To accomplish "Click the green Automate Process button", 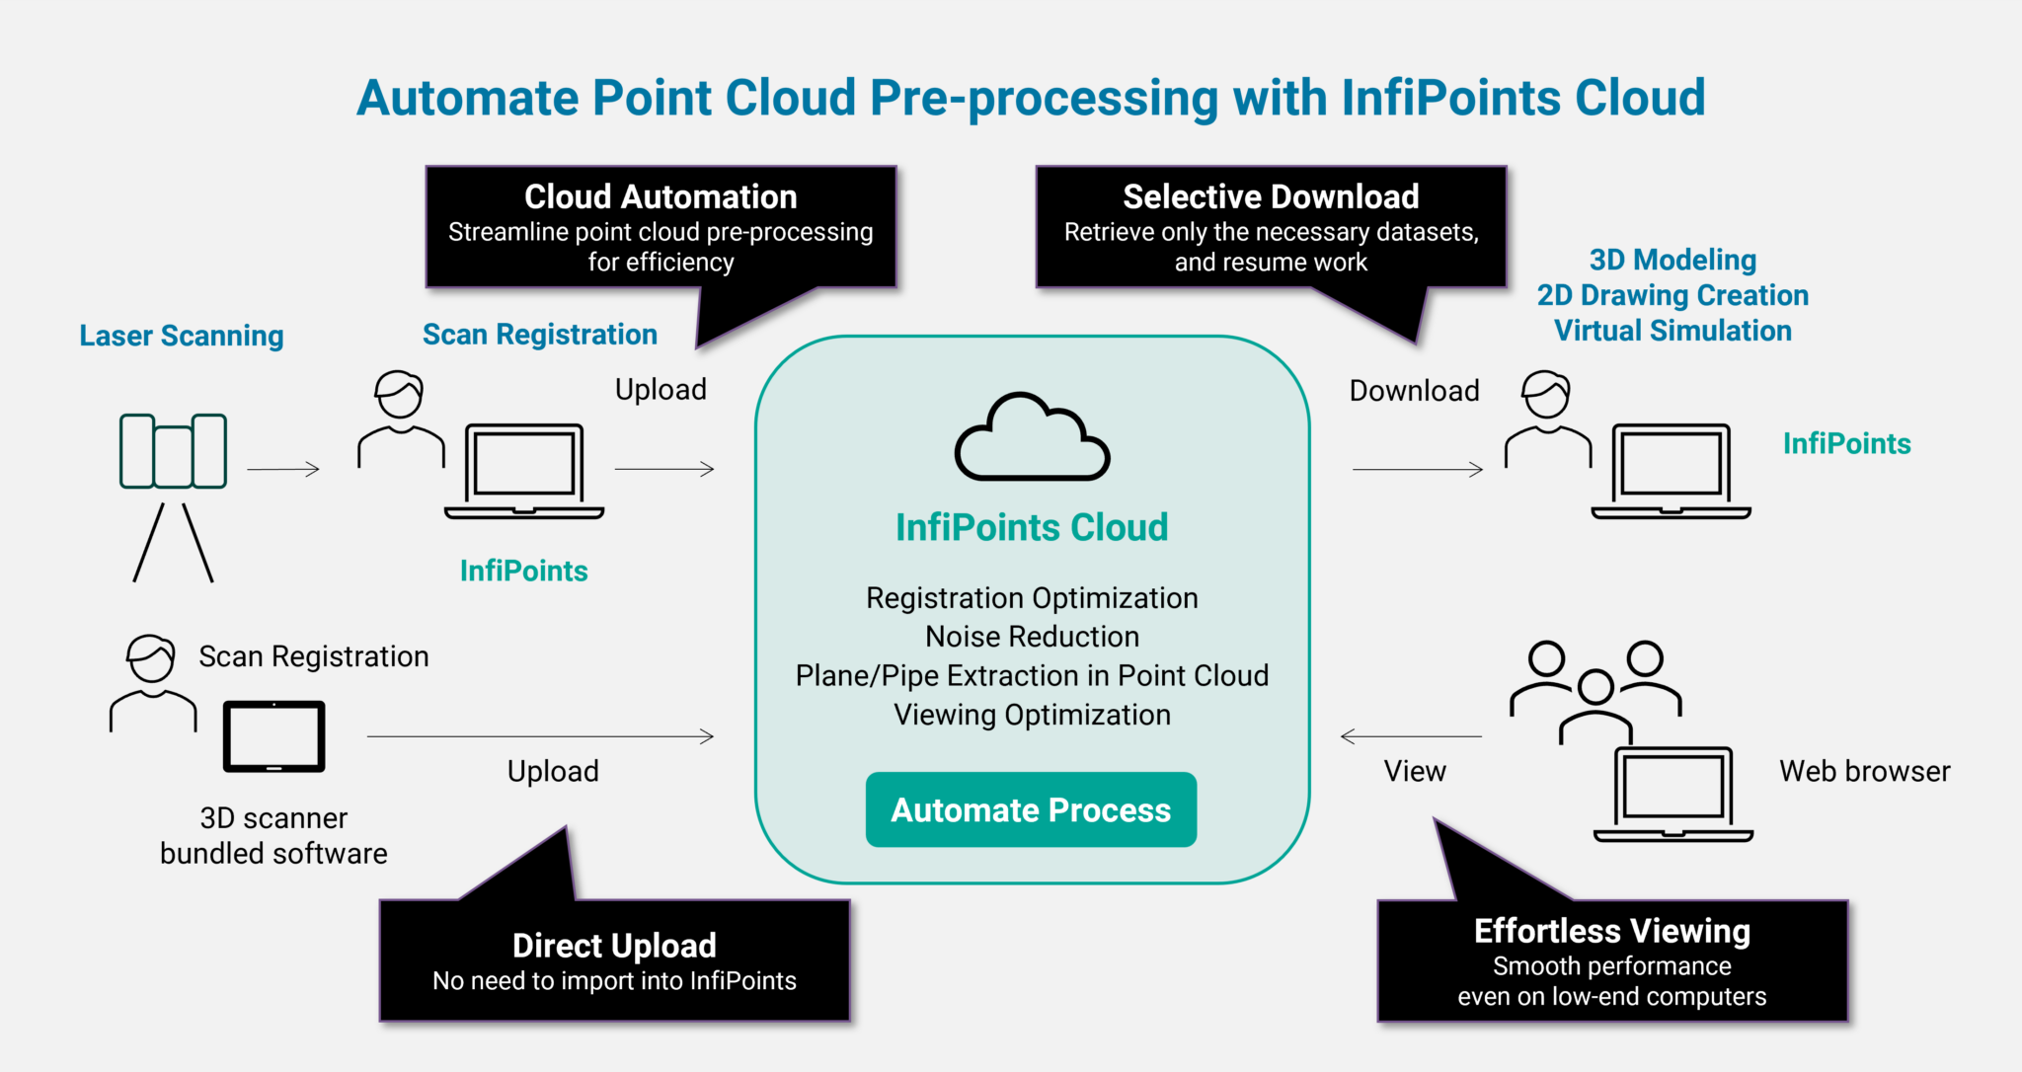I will click(x=1031, y=809).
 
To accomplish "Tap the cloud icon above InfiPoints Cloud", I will click(x=1032, y=438).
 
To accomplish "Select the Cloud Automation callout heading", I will click(x=661, y=196).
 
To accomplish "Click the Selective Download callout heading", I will click(x=1271, y=196).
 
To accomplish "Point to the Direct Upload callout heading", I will click(x=614, y=945).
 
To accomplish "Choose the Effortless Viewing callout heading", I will click(x=1611, y=930).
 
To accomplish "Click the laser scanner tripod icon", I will click(x=173, y=494).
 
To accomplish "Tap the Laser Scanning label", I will click(x=182, y=336).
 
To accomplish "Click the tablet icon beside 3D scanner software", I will click(x=273, y=736).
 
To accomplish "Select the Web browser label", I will click(x=1864, y=771).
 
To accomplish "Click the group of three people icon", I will click(x=1595, y=689).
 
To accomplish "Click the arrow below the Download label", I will click(x=1417, y=470).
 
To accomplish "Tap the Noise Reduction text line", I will click(x=1032, y=637).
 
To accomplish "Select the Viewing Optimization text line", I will click(x=1032, y=715).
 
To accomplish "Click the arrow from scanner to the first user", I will click(x=283, y=470).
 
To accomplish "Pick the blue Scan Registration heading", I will click(x=539, y=335).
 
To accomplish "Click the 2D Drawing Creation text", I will click(x=1672, y=295).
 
